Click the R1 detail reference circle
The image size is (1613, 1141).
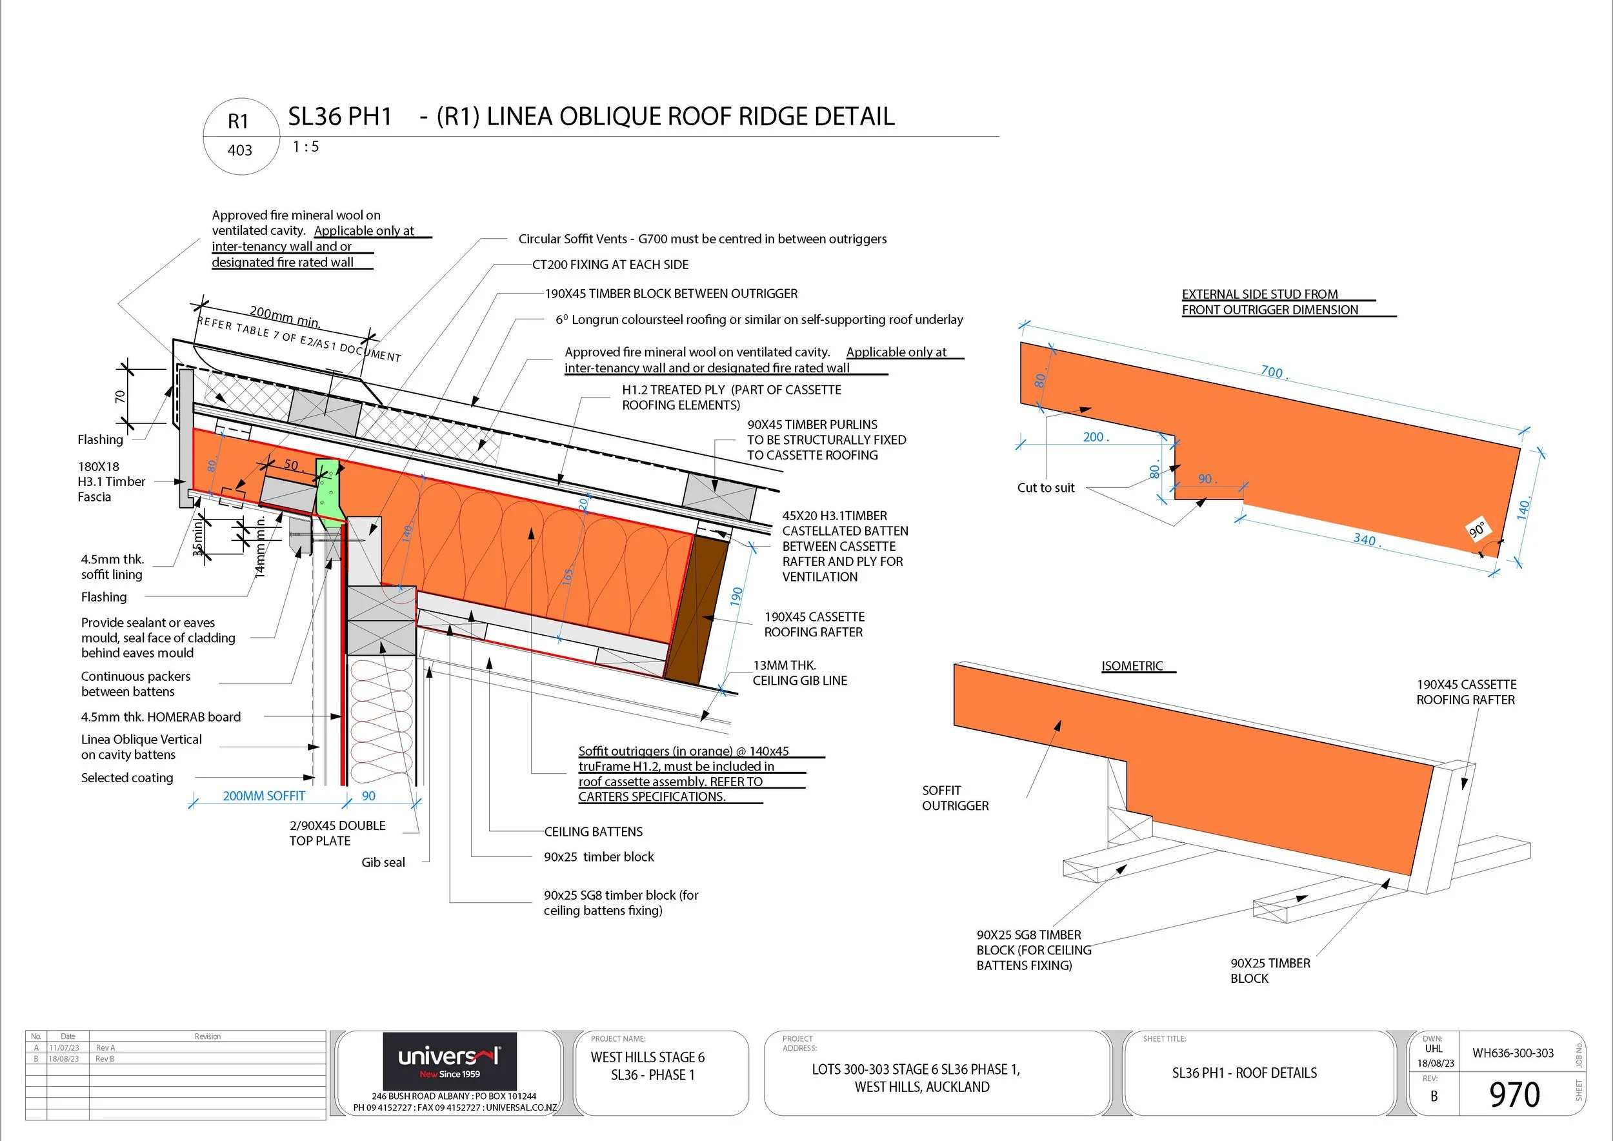(240, 136)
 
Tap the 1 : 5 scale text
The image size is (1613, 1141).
(306, 147)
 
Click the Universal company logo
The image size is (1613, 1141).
(449, 1060)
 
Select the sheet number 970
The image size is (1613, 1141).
(1514, 1094)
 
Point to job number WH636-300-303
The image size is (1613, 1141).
(1512, 1053)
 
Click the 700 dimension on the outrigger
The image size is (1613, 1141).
(1272, 372)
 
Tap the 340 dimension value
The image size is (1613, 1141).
(1365, 540)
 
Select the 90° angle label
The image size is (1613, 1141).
(1478, 529)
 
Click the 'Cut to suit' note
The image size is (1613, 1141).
(1045, 488)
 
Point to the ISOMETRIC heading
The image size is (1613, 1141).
(1132, 665)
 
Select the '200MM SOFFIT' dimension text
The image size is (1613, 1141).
(263, 796)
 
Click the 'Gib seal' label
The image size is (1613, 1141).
(383, 862)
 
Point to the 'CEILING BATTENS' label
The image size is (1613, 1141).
(593, 832)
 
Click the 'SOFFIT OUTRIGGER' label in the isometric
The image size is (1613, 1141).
(955, 798)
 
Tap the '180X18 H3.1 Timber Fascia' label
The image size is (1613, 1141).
(111, 481)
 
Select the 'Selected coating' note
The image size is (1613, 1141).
(126, 778)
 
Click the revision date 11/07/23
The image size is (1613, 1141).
(63, 1047)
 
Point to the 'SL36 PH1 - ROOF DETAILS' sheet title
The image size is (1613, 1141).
(1244, 1073)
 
